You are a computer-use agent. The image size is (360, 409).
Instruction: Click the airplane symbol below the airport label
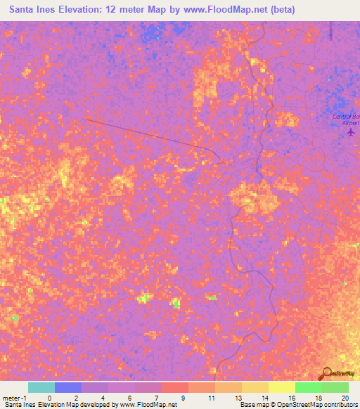click(351, 132)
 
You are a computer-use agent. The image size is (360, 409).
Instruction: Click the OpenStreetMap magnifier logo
click(326, 374)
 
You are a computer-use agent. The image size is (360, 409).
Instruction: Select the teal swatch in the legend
click(41, 387)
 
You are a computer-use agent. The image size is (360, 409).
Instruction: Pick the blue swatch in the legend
click(67, 387)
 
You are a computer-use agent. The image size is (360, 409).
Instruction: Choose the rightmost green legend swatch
click(335, 387)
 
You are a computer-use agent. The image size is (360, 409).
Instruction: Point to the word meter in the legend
click(10, 397)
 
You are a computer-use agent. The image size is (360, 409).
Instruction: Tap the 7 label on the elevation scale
click(136, 397)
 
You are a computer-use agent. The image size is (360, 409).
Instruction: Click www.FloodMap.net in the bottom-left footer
click(147, 405)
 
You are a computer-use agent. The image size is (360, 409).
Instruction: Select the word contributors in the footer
click(339, 405)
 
